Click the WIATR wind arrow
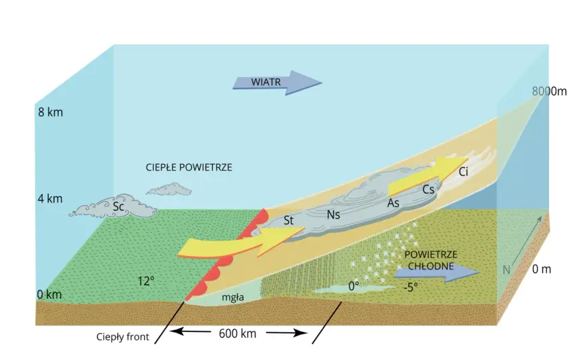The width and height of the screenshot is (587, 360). coord(277,83)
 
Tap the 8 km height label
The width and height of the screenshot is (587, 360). coord(50,112)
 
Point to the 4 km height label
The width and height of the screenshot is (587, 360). coord(50,199)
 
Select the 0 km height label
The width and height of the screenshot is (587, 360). coord(49,295)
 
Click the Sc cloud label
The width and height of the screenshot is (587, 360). coord(118,206)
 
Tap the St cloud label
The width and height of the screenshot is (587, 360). coord(288,221)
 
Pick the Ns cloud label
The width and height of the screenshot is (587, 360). coord(333,215)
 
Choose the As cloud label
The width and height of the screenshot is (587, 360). coord(393,203)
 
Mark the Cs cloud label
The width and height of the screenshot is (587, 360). coord(428,190)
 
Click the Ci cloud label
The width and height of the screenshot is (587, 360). coord(464,172)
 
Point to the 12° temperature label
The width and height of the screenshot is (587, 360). coord(146,281)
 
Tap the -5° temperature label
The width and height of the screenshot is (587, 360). coord(411,287)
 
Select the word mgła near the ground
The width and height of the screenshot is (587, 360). coord(233,297)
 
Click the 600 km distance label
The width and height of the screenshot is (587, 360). coord(237,333)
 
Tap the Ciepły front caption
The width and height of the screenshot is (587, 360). coord(123,337)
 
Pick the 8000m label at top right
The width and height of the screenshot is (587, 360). coord(549,91)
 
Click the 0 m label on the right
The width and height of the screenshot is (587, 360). coord(542,269)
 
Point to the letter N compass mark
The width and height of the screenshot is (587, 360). coord(506,270)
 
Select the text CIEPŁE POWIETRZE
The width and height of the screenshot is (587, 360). coord(189,167)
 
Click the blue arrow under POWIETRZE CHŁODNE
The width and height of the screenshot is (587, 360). coord(437,273)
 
